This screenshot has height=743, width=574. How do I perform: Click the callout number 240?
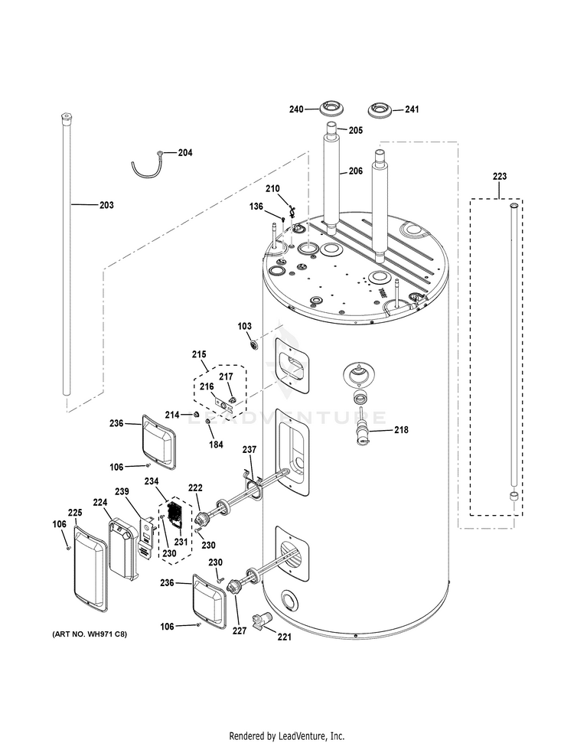click(297, 109)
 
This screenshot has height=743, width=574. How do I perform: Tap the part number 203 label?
click(106, 205)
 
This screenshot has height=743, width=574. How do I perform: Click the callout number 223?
click(499, 177)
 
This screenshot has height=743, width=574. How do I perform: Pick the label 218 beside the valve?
click(401, 430)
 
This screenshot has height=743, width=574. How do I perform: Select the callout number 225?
click(74, 513)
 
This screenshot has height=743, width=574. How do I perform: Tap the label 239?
click(122, 491)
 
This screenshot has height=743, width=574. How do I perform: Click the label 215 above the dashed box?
click(199, 354)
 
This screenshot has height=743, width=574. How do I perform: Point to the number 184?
click(217, 444)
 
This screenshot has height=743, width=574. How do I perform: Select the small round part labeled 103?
click(254, 347)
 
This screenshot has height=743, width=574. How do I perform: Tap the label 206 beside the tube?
click(356, 171)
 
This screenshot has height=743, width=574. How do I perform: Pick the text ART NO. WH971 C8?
click(89, 635)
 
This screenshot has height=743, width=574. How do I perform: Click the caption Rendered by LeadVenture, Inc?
click(286, 735)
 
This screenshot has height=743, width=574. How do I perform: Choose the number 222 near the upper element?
click(196, 488)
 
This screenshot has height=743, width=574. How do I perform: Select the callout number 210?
click(273, 188)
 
